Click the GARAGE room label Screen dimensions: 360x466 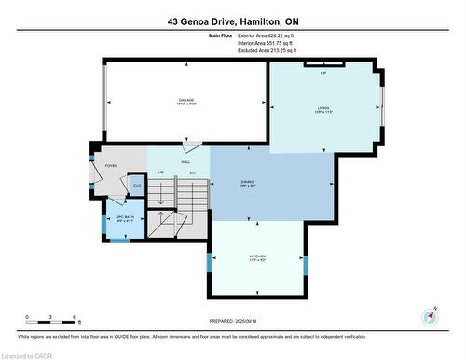tap(186, 102)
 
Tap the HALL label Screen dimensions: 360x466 tap(173, 162)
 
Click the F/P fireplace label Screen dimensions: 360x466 tap(322, 71)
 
